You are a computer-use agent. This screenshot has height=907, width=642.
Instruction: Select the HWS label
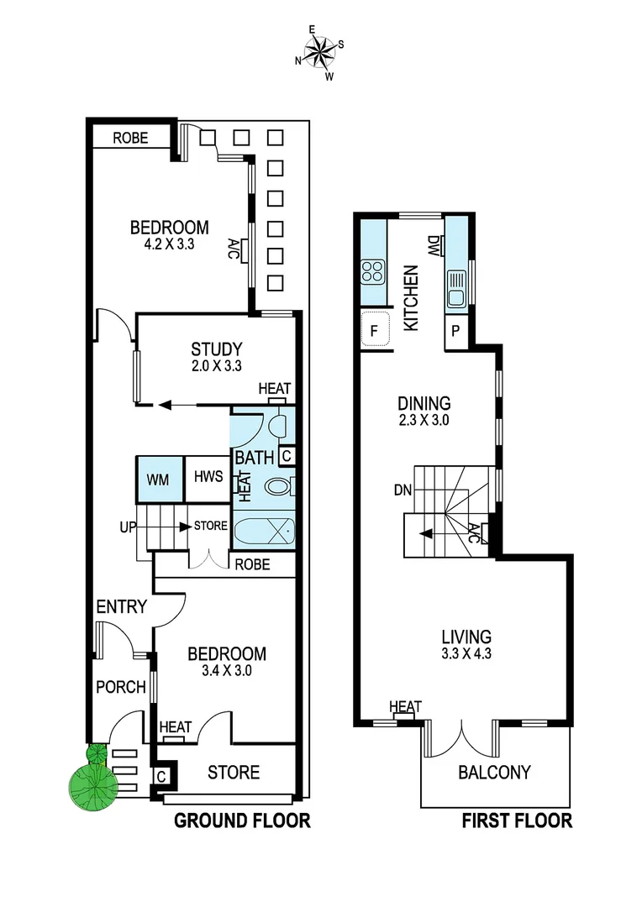tap(208, 477)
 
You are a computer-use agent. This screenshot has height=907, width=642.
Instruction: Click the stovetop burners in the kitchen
tap(372, 271)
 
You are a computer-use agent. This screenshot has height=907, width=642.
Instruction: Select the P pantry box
tap(455, 331)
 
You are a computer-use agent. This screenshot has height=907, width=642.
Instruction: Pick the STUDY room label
tap(216, 349)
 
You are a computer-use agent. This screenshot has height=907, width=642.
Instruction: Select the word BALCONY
tap(494, 772)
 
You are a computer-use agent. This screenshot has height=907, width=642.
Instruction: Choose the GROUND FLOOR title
tap(242, 820)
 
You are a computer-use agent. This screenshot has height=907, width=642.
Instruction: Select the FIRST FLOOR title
tap(517, 820)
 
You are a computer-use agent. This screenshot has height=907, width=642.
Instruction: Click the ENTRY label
tap(121, 607)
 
